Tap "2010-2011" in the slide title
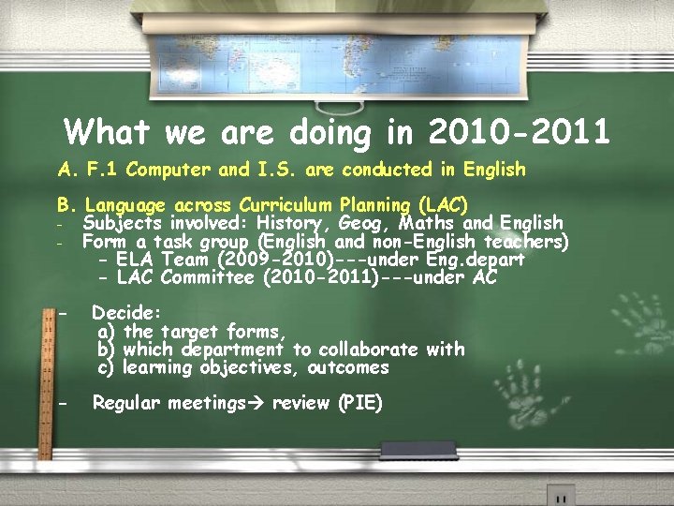[519, 132]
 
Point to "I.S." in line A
[278, 171]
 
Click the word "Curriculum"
[286, 205]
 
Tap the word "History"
[294, 223]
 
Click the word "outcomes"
[347, 368]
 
